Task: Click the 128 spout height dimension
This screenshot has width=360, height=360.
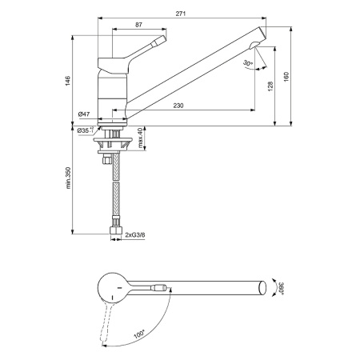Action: point(270,86)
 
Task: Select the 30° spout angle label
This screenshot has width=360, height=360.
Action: point(247,62)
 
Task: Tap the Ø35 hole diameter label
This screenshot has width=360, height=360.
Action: point(85,129)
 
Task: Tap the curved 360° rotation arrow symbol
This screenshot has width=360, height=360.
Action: point(273,287)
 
